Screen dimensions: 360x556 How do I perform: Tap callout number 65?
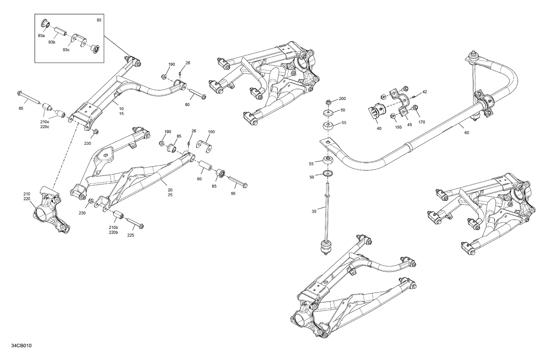[x=21, y=109]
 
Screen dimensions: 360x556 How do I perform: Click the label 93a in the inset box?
[x=41, y=36]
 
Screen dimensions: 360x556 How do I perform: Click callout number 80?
[x=187, y=105]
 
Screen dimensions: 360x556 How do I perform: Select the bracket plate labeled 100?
[x=203, y=145]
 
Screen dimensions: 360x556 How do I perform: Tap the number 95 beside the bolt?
[x=233, y=193]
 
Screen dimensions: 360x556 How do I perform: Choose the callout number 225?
[x=131, y=235]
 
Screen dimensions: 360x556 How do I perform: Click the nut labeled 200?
[x=328, y=102]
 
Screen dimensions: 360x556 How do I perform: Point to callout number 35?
[x=314, y=212]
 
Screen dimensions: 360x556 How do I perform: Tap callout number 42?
[x=424, y=92]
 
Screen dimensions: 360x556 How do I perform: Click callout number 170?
[x=422, y=122]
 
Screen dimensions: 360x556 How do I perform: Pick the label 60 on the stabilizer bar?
[x=466, y=133]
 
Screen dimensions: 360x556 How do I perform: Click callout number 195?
[x=398, y=127]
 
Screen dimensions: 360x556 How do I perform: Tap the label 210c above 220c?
[x=44, y=121]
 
